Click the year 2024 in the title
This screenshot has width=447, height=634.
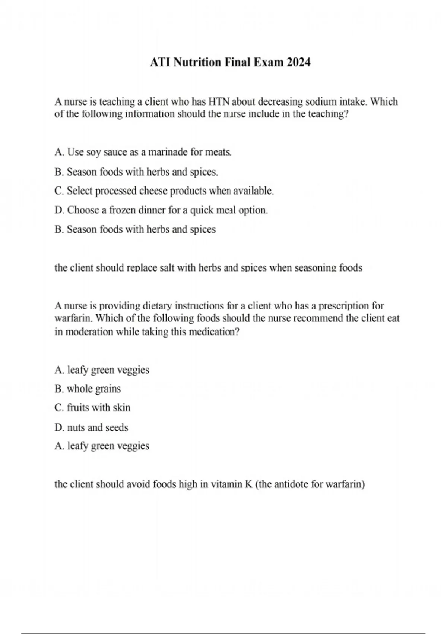click(298, 62)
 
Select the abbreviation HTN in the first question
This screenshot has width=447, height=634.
click(219, 101)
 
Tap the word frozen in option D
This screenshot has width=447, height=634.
click(123, 210)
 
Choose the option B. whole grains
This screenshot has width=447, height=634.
click(88, 389)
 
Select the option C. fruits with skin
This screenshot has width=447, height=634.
click(92, 408)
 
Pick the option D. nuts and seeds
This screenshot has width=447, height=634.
click(91, 427)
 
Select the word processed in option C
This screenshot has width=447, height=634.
click(116, 191)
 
